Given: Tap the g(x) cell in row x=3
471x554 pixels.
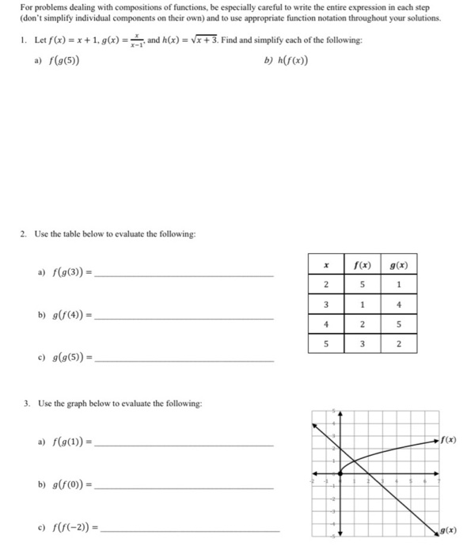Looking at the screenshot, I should click(400, 305).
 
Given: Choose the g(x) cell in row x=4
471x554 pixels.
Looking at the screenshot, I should click(400, 324).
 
